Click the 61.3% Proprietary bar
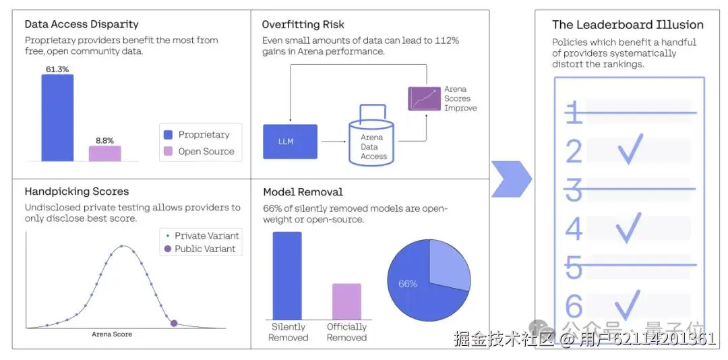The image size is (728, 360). (57, 118)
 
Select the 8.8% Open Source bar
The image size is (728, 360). (104, 154)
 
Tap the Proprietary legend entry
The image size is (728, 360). (196, 134)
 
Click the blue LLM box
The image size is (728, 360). (290, 142)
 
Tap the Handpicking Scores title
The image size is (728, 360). (76, 191)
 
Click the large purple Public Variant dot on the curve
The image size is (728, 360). (174, 324)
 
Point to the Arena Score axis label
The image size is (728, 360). (112, 334)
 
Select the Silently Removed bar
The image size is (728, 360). (287, 275)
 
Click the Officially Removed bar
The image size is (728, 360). (346, 301)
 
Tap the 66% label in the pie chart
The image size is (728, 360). (408, 284)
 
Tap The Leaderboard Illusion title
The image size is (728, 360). (628, 25)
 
